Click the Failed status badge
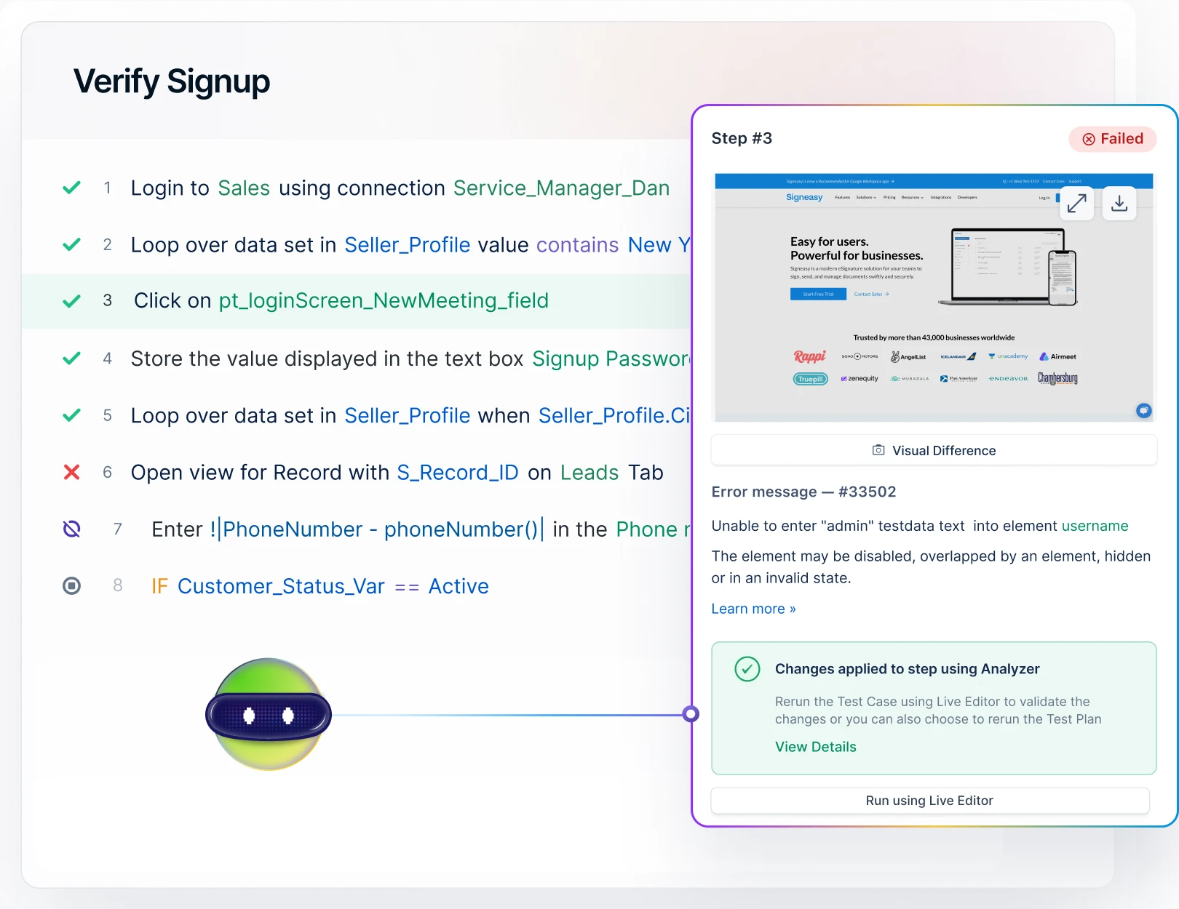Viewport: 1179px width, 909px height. pyautogui.click(x=1112, y=139)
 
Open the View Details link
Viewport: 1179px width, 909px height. pyautogui.click(x=815, y=747)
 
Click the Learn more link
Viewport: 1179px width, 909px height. pyautogui.click(x=753, y=609)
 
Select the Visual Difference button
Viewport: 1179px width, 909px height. pyautogui.click(x=934, y=450)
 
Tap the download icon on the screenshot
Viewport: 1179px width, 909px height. pyautogui.click(x=1119, y=203)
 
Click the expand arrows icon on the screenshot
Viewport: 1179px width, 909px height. pyautogui.click(x=1076, y=203)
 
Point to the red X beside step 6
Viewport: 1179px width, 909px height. pyautogui.click(x=71, y=473)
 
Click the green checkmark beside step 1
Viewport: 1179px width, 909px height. pyautogui.click(x=71, y=188)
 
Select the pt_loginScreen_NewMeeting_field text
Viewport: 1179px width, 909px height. pyautogui.click(x=384, y=300)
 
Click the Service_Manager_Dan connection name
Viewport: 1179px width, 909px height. pyautogui.click(x=561, y=188)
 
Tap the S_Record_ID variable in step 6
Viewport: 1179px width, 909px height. pyautogui.click(x=457, y=473)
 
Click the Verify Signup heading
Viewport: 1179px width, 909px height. pyautogui.click(x=172, y=81)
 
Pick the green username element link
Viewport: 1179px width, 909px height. pyautogui.click(x=1095, y=526)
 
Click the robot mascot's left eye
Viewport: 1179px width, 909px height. pyautogui.click(x=249, y=716)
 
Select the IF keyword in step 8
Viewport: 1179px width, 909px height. pyautogui.click(x=159, y=586)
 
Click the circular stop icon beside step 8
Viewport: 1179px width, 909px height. pyautogui.click(x=71, y=585)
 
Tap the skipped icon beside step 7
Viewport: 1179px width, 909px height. pyautogui.click(x=71, y=529)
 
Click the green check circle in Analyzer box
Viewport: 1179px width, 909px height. pyautogui.click(x=747, y=668)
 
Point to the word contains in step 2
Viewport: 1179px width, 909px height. pyautogui.click(x=577, y=245)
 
